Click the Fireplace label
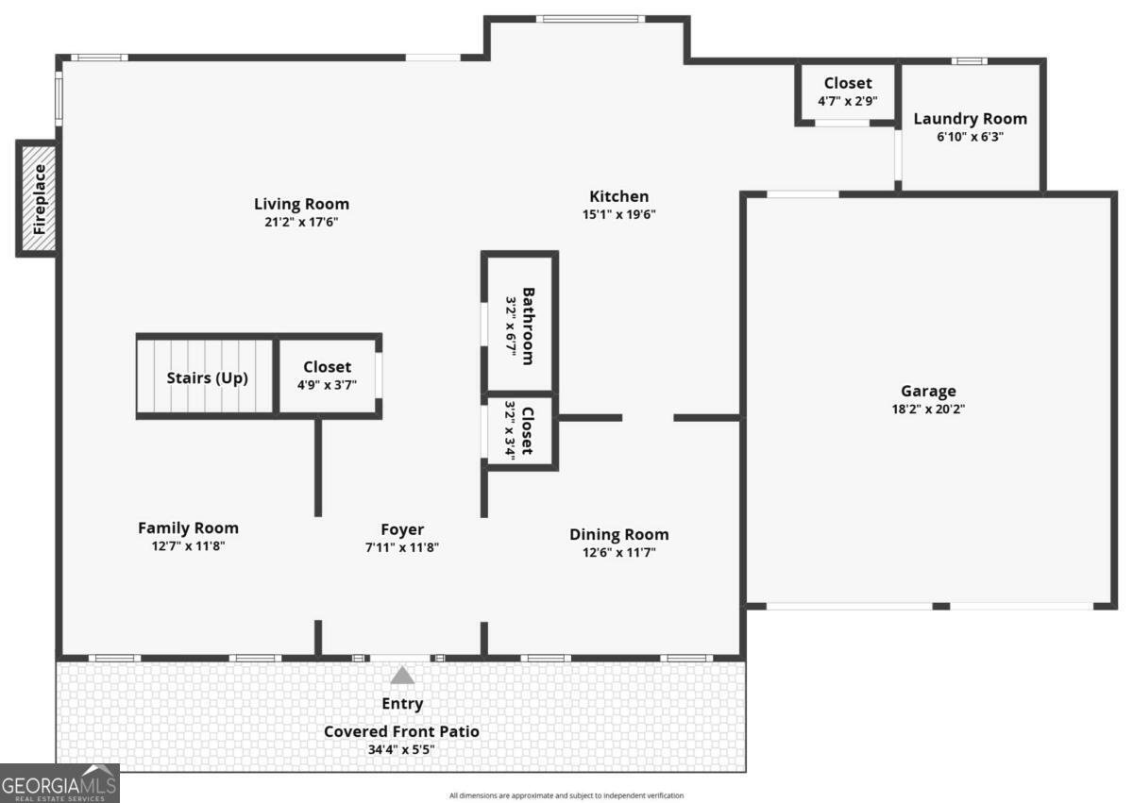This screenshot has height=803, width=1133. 39,199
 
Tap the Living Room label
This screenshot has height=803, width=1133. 301,204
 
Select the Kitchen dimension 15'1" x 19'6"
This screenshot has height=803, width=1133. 618,214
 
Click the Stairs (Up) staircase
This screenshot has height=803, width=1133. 207,378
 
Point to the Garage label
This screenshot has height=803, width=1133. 927,391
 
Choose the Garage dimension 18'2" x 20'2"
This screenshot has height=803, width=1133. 927,410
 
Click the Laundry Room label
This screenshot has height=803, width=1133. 970,119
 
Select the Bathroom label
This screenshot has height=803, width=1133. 528,326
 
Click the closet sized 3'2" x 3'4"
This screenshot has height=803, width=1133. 519,430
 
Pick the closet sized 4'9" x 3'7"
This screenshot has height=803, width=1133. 327,376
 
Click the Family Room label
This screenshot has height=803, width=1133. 188,528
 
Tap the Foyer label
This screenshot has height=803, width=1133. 402,529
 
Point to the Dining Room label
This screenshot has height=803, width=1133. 618,534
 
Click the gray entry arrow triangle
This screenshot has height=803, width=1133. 402,676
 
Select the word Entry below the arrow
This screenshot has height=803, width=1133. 402,704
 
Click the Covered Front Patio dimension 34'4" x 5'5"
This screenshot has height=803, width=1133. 402,750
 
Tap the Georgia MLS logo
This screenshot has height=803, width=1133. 59,784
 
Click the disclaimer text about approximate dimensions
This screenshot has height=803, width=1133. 566,795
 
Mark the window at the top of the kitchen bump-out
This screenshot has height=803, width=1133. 589,18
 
